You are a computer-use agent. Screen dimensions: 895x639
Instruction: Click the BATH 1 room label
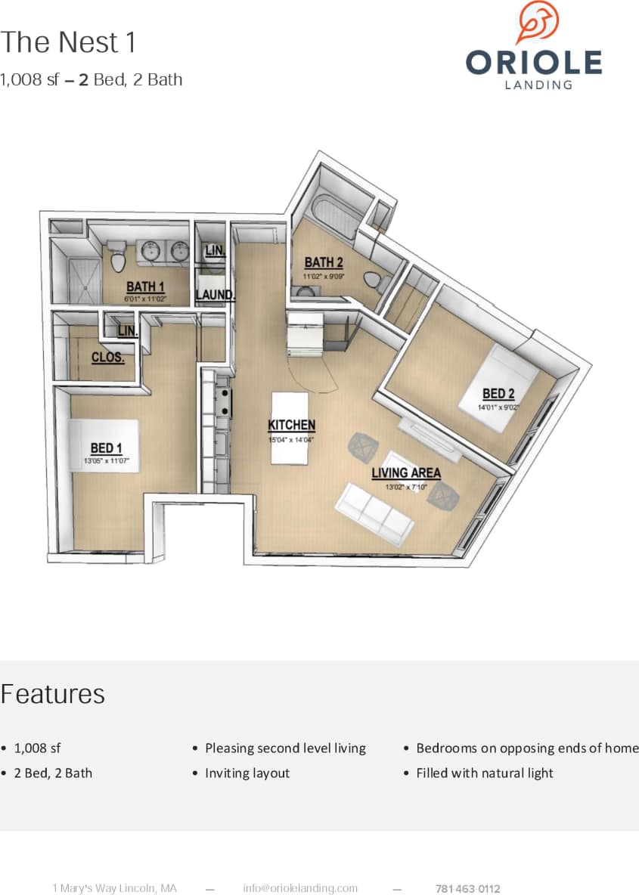click(x=145, y=286)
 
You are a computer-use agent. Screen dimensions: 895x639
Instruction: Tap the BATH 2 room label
click(x=324, y=263)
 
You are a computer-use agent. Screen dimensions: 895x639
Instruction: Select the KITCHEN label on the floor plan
click(x=292, y=426)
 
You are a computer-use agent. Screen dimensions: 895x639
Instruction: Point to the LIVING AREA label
click(x=406, y=473)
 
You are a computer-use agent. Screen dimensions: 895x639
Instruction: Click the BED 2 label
click(x=498, y=394)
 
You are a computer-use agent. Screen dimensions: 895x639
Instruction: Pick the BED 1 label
click(x=107, y=449)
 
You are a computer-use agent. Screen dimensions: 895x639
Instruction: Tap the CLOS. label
click(x=108, y=358)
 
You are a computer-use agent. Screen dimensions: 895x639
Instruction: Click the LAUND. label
click(x=216, y=295)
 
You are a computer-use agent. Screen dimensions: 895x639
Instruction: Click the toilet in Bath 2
click(x=374, y=281)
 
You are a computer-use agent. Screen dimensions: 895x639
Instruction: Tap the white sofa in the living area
click(x=376, y=516)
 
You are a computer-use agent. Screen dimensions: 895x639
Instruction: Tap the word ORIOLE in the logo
click(x=534, y=62)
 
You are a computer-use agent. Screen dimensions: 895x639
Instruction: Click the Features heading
click(x=53, y=694)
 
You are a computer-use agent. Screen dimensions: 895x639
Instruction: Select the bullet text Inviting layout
click(x=247, y=773)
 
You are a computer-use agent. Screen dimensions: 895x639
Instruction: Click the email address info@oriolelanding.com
click(x=300, y=888)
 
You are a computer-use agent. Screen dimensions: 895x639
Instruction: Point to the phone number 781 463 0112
click(x=468, y=889)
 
